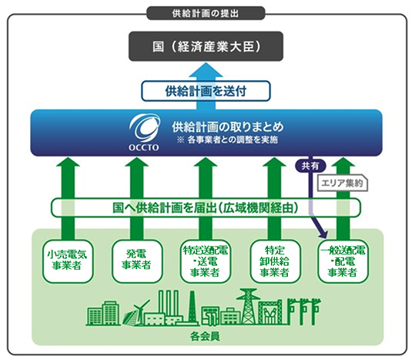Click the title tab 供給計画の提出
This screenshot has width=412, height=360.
click(206, 13)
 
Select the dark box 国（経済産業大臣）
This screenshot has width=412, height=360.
click(206, 46)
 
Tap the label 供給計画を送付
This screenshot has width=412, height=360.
click(206, 91)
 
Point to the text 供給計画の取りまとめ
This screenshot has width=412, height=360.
click(228, 126)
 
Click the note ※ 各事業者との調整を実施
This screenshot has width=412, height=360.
click(227, 140)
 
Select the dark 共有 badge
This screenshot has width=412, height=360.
click(310, 166)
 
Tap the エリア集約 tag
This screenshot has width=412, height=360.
click(343, 183)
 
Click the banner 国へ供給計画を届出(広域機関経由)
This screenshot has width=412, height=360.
click(206, 207)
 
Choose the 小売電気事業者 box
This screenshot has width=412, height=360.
click(68, 261)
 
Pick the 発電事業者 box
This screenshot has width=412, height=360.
click(136, 261)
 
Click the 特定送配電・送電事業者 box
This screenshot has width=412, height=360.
click(206, 261)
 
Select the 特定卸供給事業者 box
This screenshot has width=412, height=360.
click(275, 261)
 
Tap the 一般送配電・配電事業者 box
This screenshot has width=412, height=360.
click(343, 261)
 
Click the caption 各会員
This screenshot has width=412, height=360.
click(205, 337)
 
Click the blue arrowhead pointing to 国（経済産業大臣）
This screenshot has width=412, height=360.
click(206, 70)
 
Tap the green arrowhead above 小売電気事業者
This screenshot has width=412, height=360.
click(68, 162)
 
